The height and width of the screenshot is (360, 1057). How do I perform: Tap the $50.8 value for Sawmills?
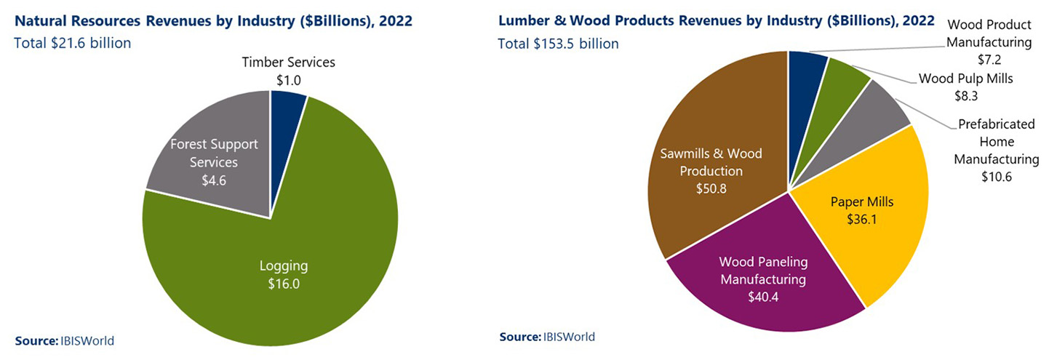click(x=711, y=188)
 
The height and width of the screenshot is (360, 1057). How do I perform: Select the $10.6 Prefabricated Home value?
click(x=996, y=176)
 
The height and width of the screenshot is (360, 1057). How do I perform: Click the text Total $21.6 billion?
click(x=73, y=43)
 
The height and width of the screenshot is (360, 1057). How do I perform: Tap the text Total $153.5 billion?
click(x=559, y=44)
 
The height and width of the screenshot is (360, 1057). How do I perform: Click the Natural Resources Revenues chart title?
click(x=213, y=20)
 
